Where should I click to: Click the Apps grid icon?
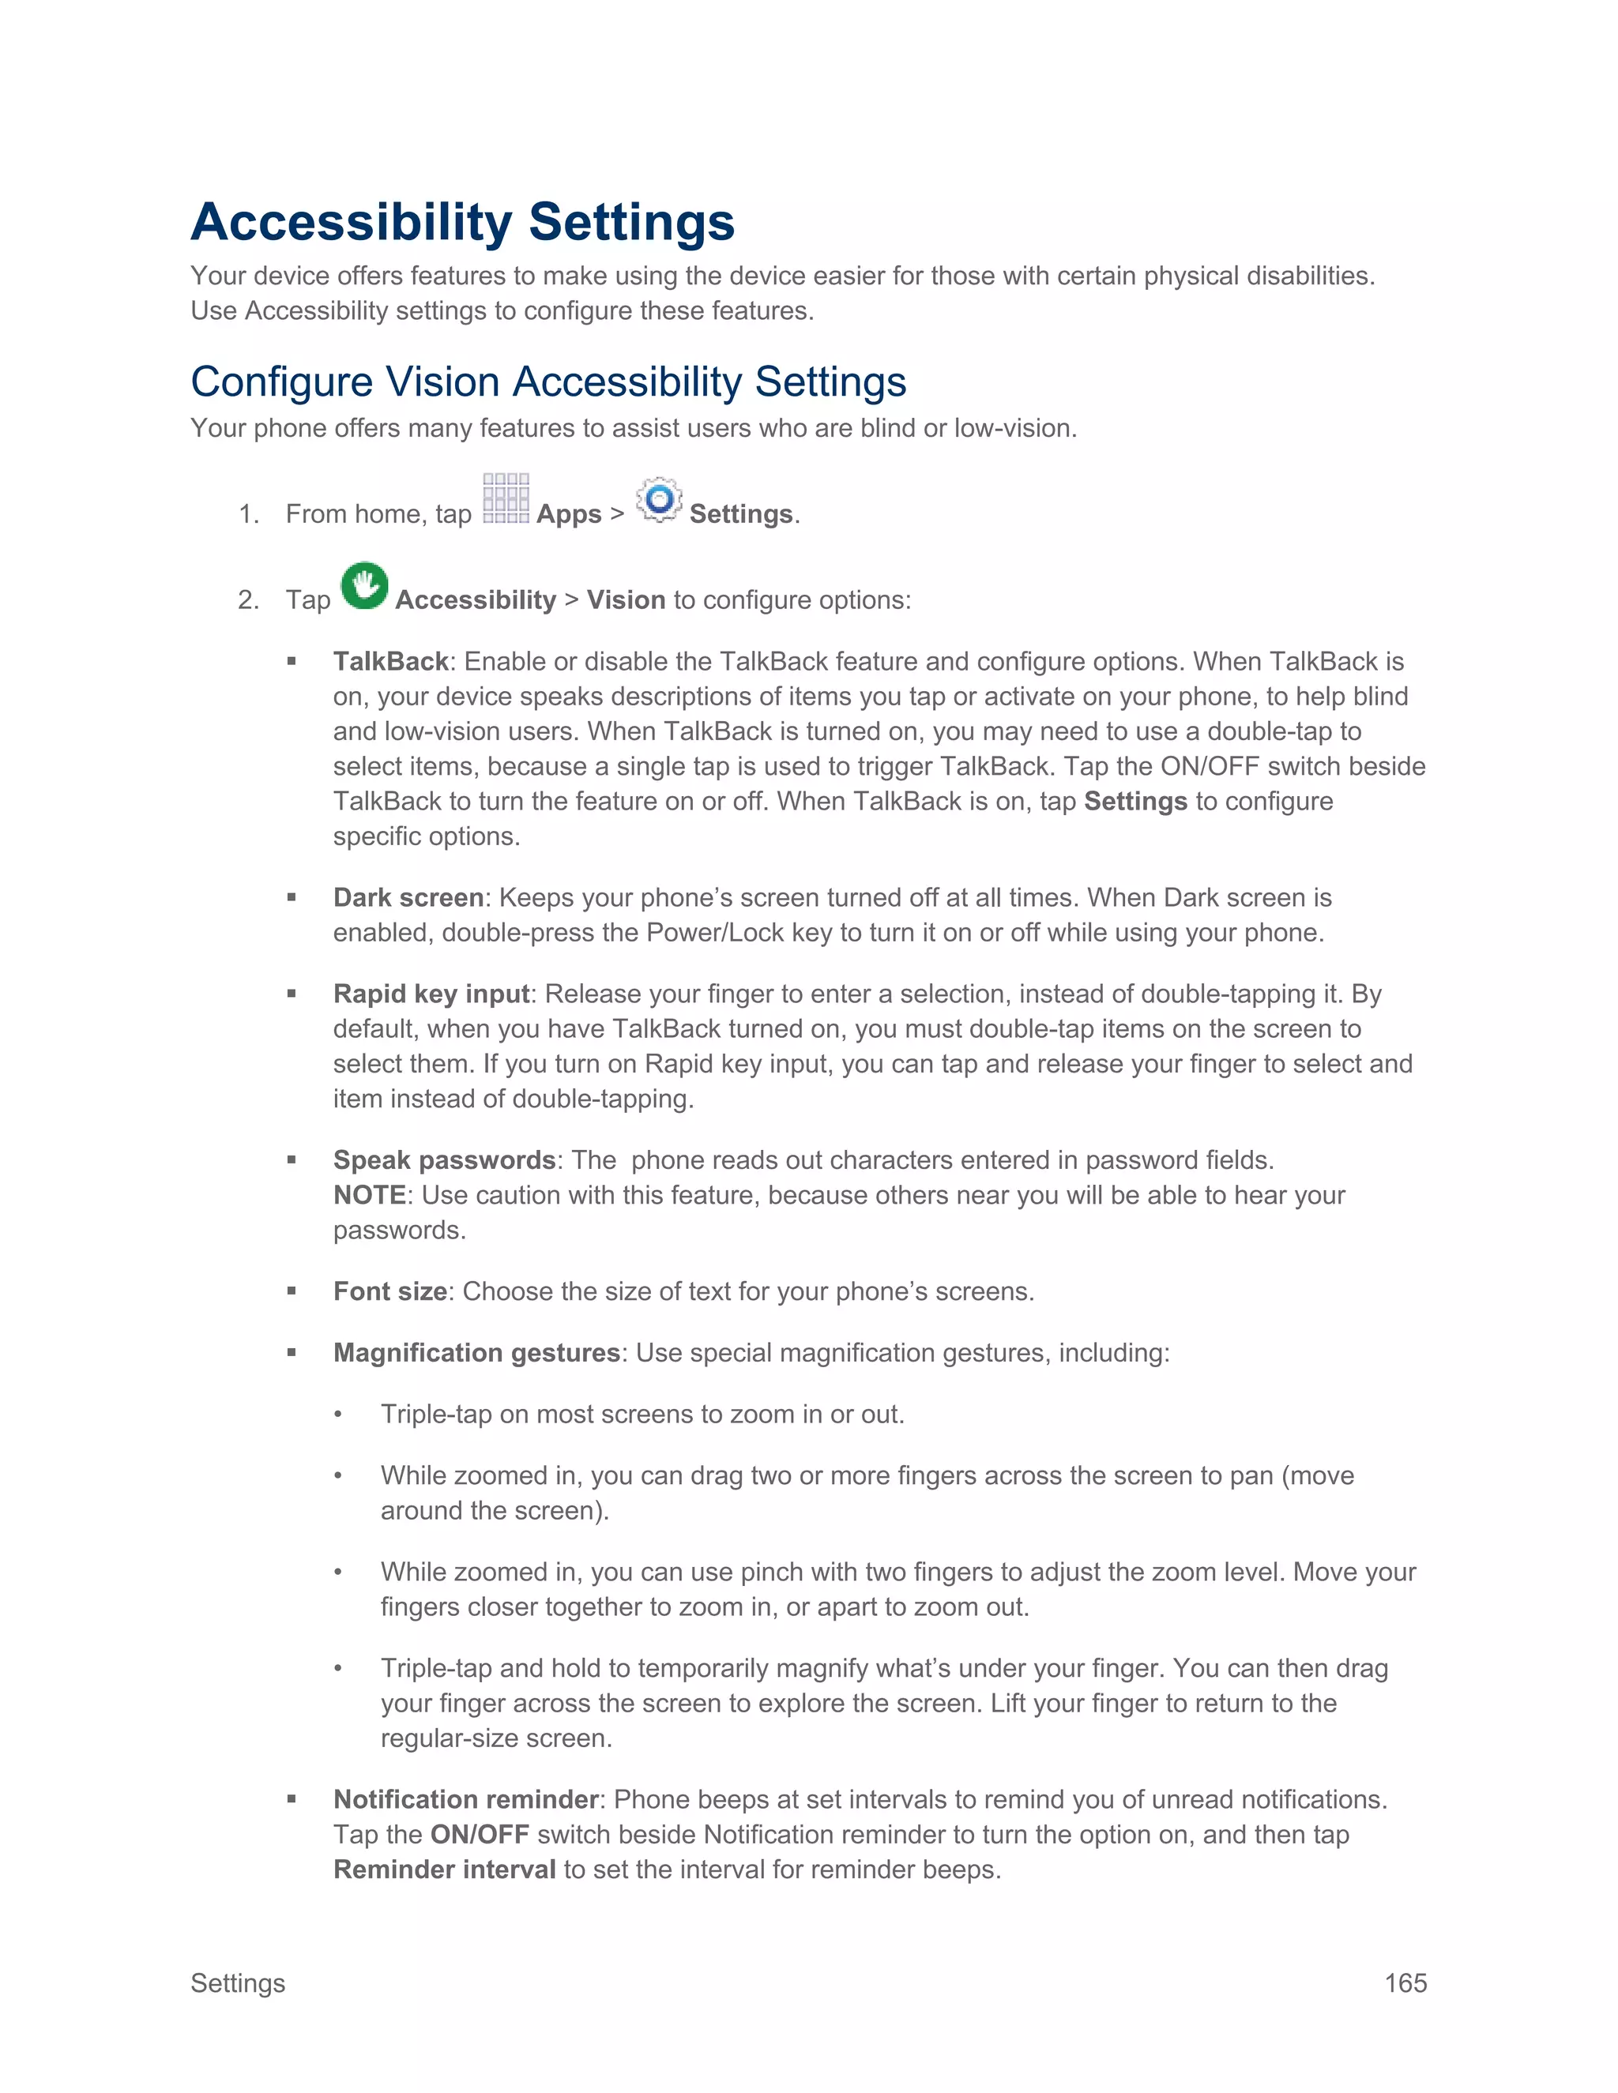505,498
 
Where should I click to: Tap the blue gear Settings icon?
659,499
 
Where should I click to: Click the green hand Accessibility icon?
364,585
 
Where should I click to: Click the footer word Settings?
238,1982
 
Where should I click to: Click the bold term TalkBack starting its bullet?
390,661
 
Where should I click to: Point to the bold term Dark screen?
408,897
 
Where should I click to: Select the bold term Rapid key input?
431,994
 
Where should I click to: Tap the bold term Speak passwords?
445,1159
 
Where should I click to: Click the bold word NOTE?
369,1195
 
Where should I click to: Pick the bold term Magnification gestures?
476,1352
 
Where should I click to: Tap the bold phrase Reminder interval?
445,1869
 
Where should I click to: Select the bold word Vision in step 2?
626,600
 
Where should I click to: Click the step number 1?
248,515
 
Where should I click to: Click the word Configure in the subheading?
280,382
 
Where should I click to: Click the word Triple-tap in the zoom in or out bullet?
436,1415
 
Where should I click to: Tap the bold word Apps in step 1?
568,515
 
